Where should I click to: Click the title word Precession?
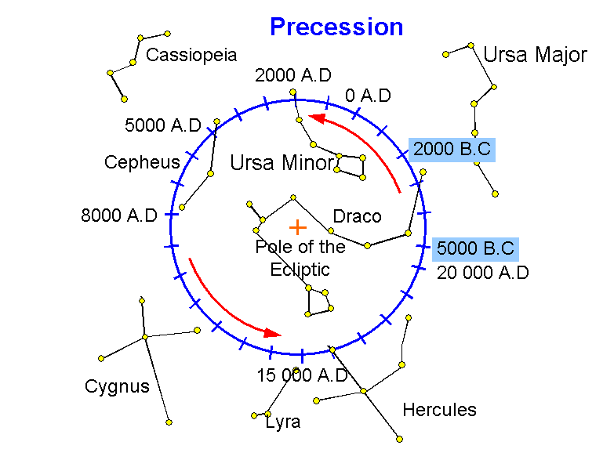[x=336, y=27]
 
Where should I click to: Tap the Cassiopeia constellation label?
[x=191, y=56]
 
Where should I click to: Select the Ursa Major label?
[x=535, y=55]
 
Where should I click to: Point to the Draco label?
[x=357, y=216]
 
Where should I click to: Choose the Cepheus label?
[x=142, y=162]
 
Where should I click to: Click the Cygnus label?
[x=117, y=386]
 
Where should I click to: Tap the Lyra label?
[x=283, y=422]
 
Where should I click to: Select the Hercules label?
[x=439, y=410]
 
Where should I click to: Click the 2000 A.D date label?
[x=293, y=75]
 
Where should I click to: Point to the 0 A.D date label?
[x=368, y=96]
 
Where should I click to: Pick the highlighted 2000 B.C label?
[x=452, y=149]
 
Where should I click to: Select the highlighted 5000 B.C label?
[x=475, y=249]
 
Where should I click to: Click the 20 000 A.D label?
[x=483, y=273]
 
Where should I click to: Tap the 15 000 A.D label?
[x=302, y=375]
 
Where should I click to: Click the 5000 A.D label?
[x=162, y=125]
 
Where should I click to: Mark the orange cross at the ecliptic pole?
[x=297, y=227]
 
